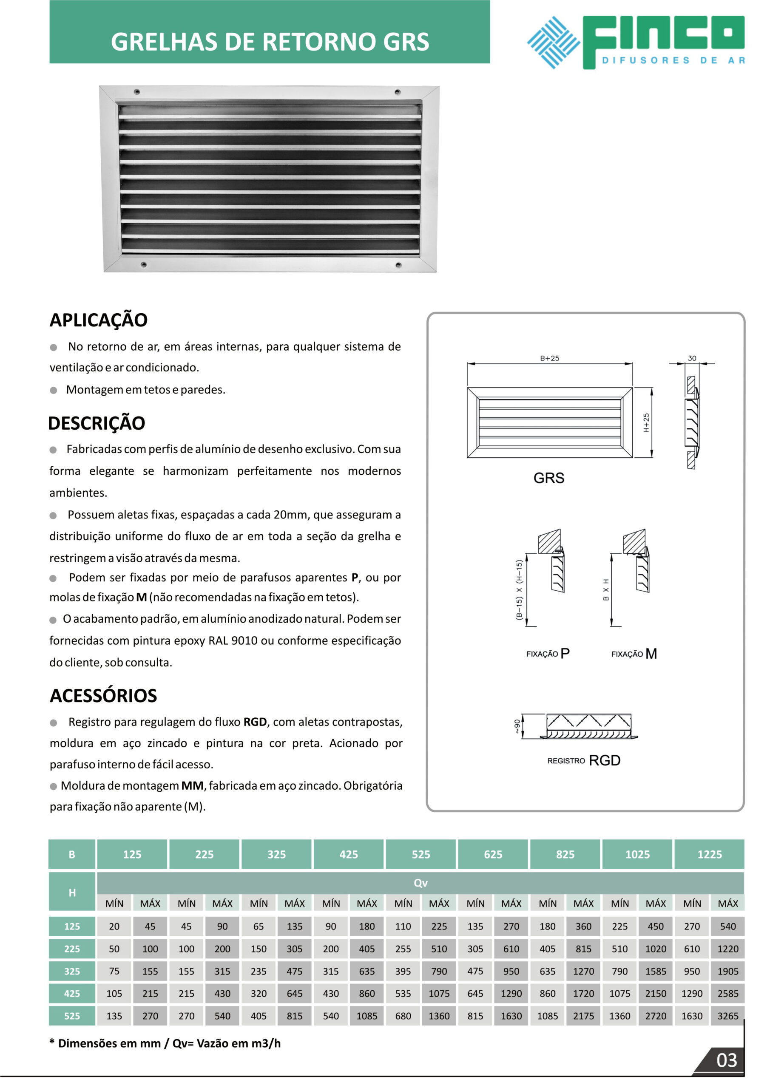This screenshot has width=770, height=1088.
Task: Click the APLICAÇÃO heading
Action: [x=99, y=320]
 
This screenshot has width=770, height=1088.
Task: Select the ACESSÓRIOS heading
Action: [x=103, y=696]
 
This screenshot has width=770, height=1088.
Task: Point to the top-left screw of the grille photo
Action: [x=137, y=91]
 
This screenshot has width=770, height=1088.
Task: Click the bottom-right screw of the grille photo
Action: [x=398, y=265]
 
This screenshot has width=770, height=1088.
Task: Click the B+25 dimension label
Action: [x=549, y=358]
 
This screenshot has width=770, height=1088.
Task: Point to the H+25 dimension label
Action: [x=646, y=423]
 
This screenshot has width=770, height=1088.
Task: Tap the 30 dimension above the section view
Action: [x=692, y=358]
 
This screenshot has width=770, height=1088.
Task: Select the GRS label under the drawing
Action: [x=548, y=478]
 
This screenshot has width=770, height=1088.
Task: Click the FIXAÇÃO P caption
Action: [x=548, y=654]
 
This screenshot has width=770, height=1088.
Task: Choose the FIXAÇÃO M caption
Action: [x=634, y=654]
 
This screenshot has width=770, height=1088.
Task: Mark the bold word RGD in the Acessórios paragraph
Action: [x=255, y=722]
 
